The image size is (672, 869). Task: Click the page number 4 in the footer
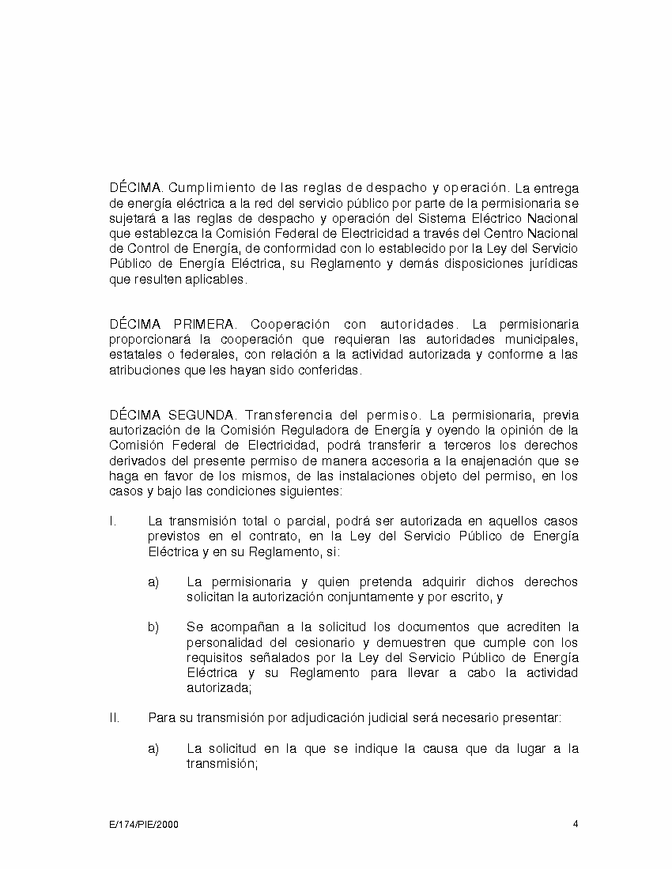(576, 824)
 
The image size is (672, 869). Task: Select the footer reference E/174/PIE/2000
(144, 825)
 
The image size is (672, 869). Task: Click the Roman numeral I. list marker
(113, 521)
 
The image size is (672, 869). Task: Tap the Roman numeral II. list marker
(115, 718)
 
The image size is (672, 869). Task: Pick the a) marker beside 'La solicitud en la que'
(153, 749)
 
